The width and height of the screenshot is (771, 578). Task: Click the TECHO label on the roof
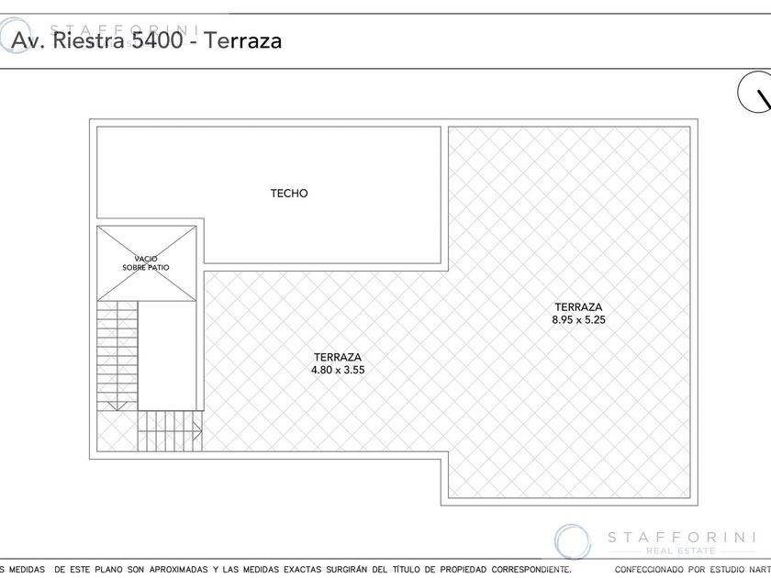[x=289, y=194]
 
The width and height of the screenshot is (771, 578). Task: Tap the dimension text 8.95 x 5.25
[x=579, y=320]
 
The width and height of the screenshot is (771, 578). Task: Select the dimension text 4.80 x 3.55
[x=338, y=370]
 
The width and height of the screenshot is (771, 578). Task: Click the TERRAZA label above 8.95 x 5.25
[x=579, y=307]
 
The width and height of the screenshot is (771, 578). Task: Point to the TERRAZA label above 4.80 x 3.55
[x=338, y=357]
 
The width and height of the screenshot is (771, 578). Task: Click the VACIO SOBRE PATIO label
[x=146, y=263]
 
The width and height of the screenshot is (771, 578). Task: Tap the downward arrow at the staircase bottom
[x=117, y=405]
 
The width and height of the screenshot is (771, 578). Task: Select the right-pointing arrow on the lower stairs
[x=196, y=431]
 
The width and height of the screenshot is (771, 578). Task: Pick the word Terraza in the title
[x=243, y=40]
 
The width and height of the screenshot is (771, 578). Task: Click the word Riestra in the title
[x=88, y=39]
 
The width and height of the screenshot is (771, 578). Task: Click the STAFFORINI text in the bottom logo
[x=682, y=538]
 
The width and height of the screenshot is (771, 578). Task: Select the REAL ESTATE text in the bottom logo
[x=681, y=551]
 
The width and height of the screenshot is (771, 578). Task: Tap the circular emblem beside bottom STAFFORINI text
[x=573, y=541]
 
